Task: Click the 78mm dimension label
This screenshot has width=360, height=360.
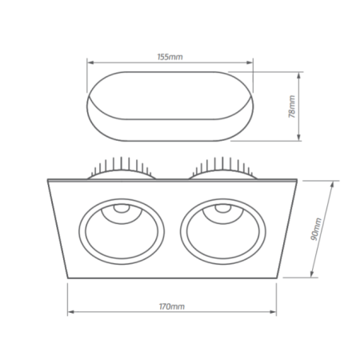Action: click(x=293, y=106)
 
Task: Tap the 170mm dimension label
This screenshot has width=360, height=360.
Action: click(x=172, y=306)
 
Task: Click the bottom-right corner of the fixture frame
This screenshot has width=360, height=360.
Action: click(x=277, y=279)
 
